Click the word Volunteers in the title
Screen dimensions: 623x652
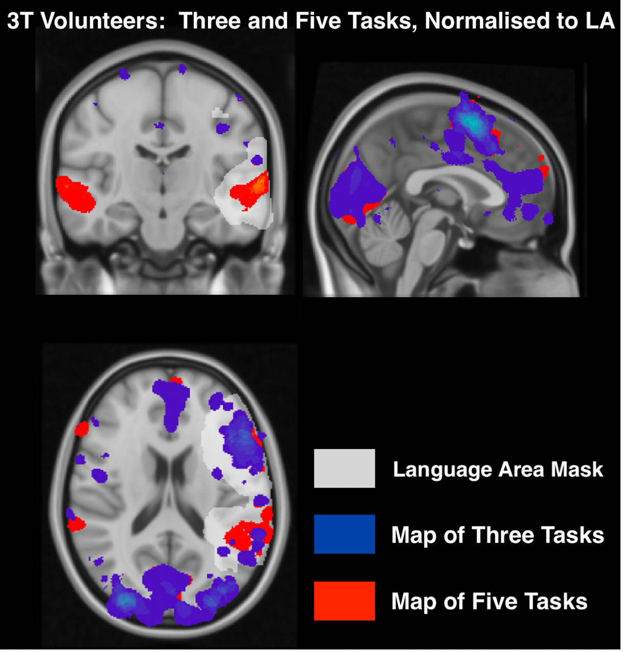coord(102,21)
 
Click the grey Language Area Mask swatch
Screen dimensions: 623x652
coord(344,468)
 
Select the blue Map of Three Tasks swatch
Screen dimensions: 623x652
coord(344,534)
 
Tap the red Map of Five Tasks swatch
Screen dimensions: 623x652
coord(344,601)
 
